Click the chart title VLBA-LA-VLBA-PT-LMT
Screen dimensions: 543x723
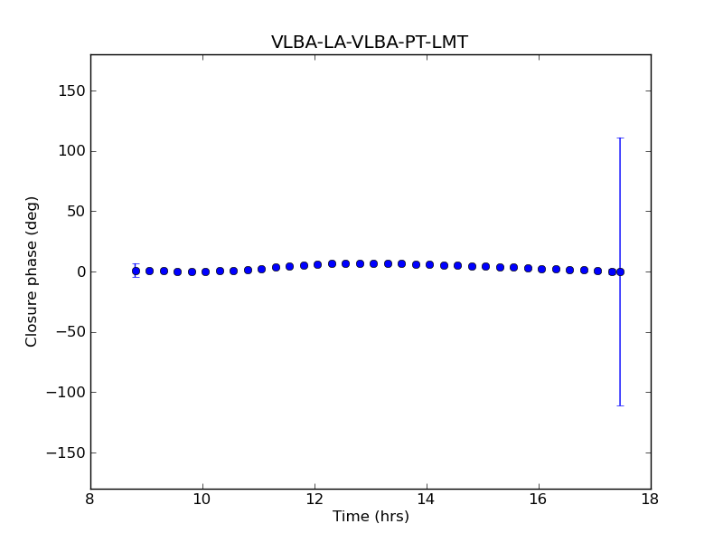point(370,43)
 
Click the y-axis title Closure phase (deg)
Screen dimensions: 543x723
point(33,271)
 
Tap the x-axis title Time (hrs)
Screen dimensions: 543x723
point(371,517)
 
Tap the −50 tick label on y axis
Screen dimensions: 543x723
point(70,332)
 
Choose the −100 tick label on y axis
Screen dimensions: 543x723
point(66,393)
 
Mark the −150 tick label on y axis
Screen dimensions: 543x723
point(66,452)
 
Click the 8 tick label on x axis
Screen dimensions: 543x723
point(90,500)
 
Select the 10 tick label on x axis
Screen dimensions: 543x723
point(202,500)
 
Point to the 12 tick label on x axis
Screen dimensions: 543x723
point(315,500)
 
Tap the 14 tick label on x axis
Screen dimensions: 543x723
point(427,500)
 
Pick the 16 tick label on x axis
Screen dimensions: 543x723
point(539,500)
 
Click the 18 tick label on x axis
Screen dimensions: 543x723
point(650,500)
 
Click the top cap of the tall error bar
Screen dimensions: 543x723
point(620,138)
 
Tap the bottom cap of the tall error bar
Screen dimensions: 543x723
point(620,405)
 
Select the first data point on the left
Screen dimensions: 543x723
point(136,271)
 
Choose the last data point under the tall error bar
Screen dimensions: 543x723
point(620,271)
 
